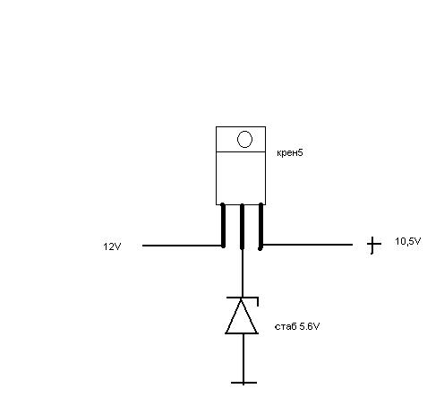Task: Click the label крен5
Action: pos(290,153)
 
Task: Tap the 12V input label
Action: pos(112,246)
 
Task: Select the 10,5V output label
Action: pos(408,241)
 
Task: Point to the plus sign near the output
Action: pos(373,245)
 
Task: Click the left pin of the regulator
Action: pos(223,225)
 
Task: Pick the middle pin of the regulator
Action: pos(242,226)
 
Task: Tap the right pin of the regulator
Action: pos(260,226)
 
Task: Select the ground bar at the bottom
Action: pos(243,383)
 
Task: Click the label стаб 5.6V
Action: pos(297,326)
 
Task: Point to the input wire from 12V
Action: pos(183,246)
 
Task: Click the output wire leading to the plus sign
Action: pos(307,245)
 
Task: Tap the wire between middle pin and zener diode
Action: pos(243,272)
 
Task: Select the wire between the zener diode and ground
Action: pos(243,358)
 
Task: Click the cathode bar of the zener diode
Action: pos(243,298)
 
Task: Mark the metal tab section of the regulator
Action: pos(241,139)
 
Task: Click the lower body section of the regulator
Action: pos(241,178)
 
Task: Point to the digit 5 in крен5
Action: pos(301,152)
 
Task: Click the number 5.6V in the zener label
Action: pos(310,326)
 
